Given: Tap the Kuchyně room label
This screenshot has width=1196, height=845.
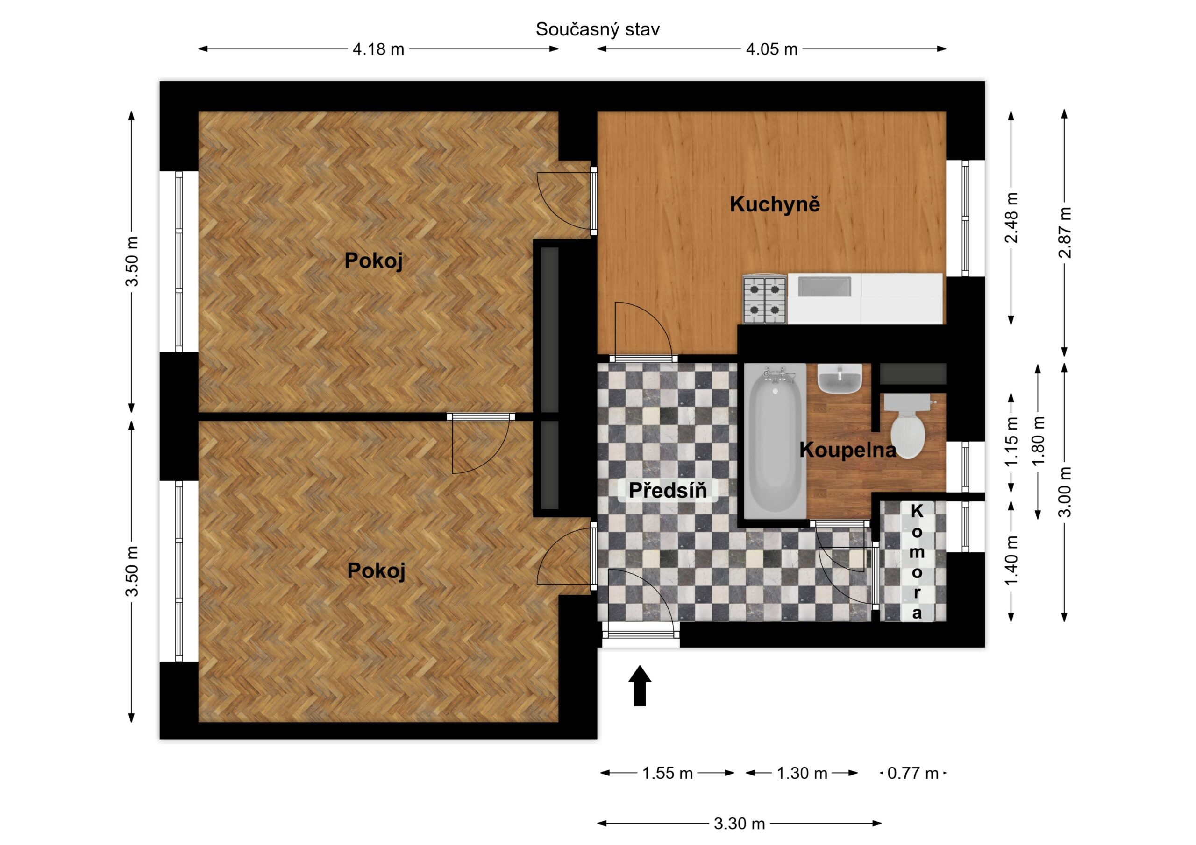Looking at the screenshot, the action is click(x=775, y=204).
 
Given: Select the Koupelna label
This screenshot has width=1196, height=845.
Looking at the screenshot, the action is click(x=847, y=450).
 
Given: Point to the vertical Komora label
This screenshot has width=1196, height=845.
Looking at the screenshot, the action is click(x=917, y=562).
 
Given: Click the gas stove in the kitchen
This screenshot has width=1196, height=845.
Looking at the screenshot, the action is click(x=765, y=300).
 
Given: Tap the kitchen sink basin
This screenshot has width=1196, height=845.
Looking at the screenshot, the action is click(x=825, y=288).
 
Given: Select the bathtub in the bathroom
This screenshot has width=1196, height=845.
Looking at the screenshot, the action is click(x=775, y=442).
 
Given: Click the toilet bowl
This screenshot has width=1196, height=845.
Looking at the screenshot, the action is click(x=908, y=426).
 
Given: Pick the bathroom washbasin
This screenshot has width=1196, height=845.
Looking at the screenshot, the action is click(x=840, y=379).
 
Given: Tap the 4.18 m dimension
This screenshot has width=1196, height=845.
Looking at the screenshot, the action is click(x=378, y=49).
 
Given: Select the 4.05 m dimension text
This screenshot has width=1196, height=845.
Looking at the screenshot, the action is click(x=771, y=49).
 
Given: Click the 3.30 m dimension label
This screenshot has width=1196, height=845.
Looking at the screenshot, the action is click(x=739, y=824).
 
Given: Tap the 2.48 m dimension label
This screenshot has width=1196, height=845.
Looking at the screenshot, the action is click(x=1011, y=218).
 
